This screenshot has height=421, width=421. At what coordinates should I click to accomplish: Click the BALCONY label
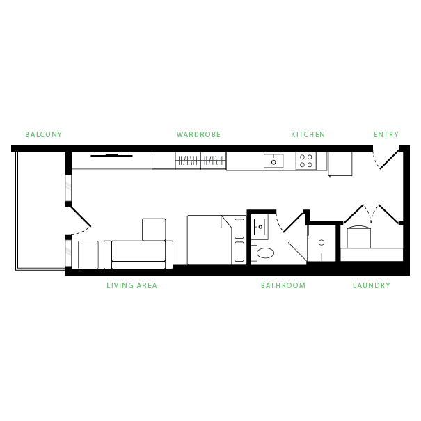click(x=44, y=134)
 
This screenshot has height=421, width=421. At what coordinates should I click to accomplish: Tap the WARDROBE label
click(x=198, y=134)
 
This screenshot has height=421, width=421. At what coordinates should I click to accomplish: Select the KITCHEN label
click(x=308, y=134)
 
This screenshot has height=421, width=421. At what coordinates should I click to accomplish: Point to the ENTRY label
click(x=386, y=134)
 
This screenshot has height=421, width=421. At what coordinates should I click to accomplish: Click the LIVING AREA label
click(x=132, y=285)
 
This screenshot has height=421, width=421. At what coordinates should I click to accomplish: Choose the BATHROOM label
click(x=283, y=285)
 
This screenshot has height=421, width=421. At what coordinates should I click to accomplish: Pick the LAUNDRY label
click(x=371, y=285)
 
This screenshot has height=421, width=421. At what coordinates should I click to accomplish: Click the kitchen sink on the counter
click(x=273, y=161)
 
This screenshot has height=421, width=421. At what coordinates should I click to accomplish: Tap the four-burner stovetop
click(x=306, y=161)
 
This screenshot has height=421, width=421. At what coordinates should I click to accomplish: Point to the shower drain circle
click(x=321, y=242)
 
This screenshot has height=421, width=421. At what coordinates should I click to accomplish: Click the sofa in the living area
click(x=138, y=254)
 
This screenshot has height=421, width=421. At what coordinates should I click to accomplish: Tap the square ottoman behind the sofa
click(x=154, y=229)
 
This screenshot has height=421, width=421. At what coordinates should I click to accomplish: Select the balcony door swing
click(x=80, y=221)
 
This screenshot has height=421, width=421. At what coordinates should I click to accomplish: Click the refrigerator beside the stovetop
click(x=341, y=164)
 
